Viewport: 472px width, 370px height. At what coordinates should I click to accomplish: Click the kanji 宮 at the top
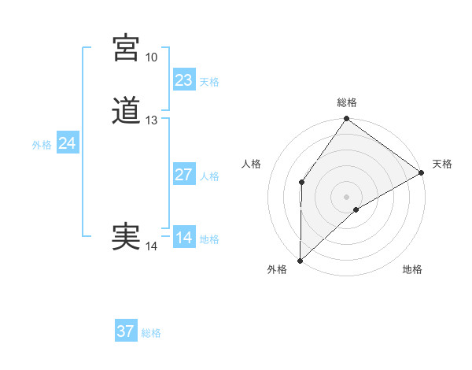click(127, 48)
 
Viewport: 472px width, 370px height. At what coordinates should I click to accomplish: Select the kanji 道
click(127, 111)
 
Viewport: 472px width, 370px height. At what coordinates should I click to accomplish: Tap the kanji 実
click(127, 237)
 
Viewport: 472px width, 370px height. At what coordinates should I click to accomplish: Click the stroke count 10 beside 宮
click(151, 57)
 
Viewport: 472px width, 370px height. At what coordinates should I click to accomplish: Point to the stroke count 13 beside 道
click(151, 120)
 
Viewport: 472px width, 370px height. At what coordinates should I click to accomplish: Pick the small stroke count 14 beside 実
click(151, 246)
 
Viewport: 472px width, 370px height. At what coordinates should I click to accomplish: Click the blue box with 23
click(184, 80)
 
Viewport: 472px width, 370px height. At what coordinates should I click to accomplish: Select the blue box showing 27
click(184, 175)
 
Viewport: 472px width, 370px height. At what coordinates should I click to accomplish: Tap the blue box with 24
click(68, 143)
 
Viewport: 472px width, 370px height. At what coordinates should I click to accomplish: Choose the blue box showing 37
click(126, 331)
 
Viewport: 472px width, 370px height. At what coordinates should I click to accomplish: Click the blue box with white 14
click(184, 238)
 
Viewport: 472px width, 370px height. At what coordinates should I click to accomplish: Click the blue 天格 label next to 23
click(209, 82)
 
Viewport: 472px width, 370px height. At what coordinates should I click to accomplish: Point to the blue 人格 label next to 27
click(209, 176)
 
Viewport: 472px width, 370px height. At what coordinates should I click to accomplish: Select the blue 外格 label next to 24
click(42, 145)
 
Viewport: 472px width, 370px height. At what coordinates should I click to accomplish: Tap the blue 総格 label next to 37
click(151, 333)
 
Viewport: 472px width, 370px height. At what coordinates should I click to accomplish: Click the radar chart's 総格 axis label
click(347, 103)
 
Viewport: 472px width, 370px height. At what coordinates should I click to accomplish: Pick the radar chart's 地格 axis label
click(412, 270)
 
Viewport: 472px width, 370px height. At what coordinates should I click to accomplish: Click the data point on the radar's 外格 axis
click(300, 260)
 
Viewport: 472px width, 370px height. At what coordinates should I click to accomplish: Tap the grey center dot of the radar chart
click(347, 196)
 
